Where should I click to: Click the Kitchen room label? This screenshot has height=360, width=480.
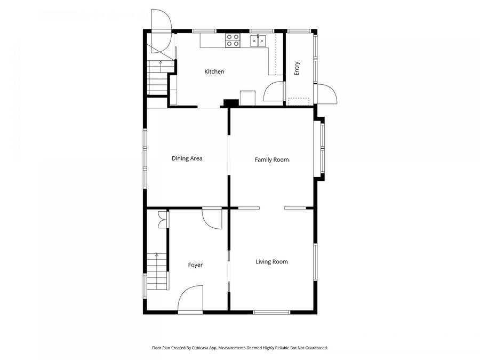[x=214, y=71]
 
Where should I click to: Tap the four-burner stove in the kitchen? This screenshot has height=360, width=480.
[x=233, y=41]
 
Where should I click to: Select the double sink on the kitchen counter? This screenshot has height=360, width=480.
[x=259, y=40]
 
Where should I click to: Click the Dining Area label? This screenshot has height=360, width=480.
[x=187, y=158]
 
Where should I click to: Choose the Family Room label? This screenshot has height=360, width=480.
[x=271, y=159]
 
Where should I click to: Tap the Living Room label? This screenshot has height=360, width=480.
[x=271, y=262]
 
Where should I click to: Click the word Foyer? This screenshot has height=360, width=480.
[x=195, y=265]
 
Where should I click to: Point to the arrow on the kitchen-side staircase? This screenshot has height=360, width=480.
[x=161, y=63]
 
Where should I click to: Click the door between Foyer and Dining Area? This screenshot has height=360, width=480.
[x=212, y=218]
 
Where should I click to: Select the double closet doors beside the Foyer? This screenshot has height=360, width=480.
[x=162, y=220]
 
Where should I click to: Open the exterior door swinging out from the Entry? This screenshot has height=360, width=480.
[x=326, y=94]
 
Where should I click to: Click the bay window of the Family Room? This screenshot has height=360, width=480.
[x=322, y=149]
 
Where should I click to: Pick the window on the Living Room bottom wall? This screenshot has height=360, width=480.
[x=271, y=312]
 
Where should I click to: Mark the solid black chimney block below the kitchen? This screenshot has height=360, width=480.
[x=231, y=103]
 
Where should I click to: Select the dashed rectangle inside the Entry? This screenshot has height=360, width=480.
[x=299, y=101]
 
